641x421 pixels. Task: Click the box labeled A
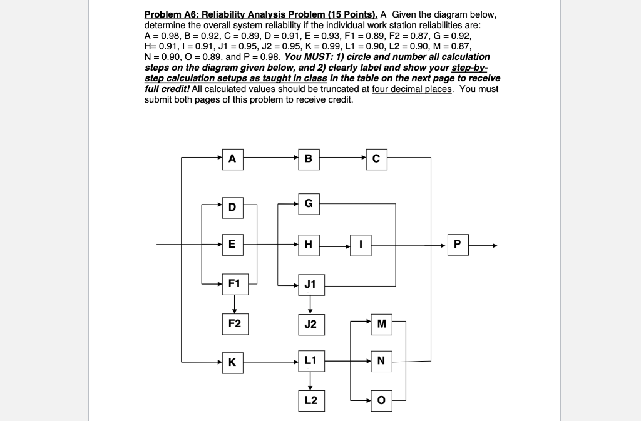tap(232, 158)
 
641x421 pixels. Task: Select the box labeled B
tap(308, 158)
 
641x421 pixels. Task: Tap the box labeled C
tap(376, 158)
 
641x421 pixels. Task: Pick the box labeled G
tap(308, 203)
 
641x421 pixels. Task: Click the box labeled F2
tap(234, 323)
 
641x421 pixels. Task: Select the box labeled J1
tap(310, 285)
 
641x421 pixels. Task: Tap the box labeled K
tap(232, 361)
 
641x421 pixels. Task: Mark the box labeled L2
tap(310, 400)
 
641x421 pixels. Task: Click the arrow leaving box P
tap(483, 245)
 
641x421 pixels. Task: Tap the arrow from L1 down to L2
tap(310, 380)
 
